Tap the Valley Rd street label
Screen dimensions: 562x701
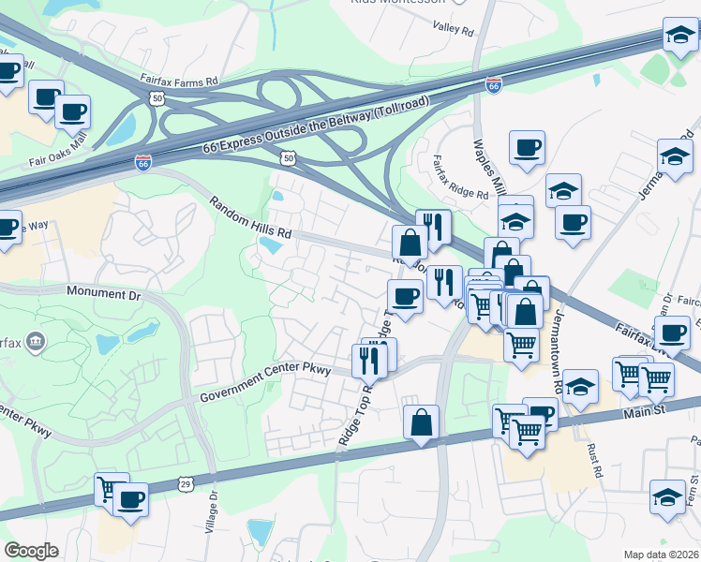coord(455,29)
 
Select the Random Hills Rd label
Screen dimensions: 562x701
coord(250,217)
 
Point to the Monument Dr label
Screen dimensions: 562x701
coord(103,293)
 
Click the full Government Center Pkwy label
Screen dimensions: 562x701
coord(266,384)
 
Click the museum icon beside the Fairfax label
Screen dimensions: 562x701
coord(36,340)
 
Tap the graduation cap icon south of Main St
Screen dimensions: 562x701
coord(667,495)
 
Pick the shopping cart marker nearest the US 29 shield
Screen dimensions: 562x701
coord(112,488)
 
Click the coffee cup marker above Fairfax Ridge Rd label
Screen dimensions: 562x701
coord(527,147)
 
